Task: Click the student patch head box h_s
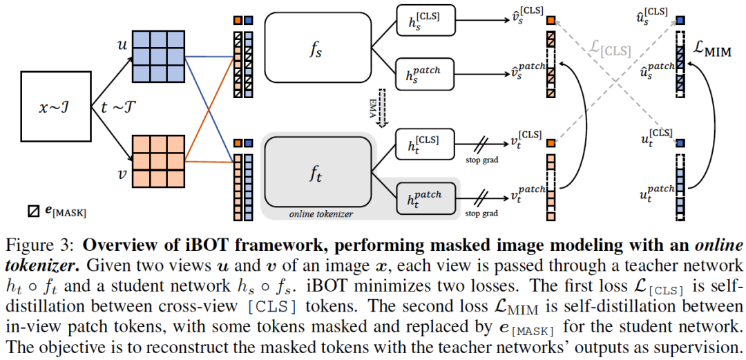pos(425,75)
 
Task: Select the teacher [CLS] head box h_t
pos(425,145)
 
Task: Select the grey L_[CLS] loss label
pos(611,49)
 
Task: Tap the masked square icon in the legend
pos(32,211)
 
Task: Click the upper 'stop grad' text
pos(481,160)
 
